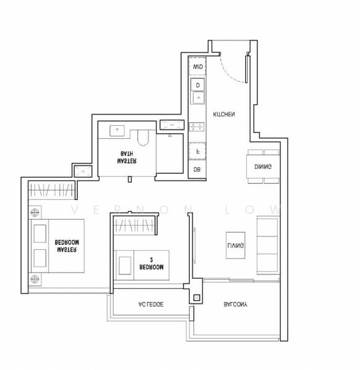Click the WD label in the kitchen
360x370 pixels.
pos(198,66)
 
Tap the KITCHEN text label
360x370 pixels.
pos(223,115)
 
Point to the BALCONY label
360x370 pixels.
pos(236,305)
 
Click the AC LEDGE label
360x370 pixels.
pos(151,305)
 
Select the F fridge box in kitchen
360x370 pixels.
pos(198,150)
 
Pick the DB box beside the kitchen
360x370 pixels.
pos(198,169)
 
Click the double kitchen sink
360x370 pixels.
pos(198,91)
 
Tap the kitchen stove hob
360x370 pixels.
pos(198,127)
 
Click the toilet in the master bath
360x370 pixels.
pos(143,135)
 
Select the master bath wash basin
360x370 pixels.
pos(117,130)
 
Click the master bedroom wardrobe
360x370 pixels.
pos(52,190)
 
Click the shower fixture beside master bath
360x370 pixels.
pos(171,126)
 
